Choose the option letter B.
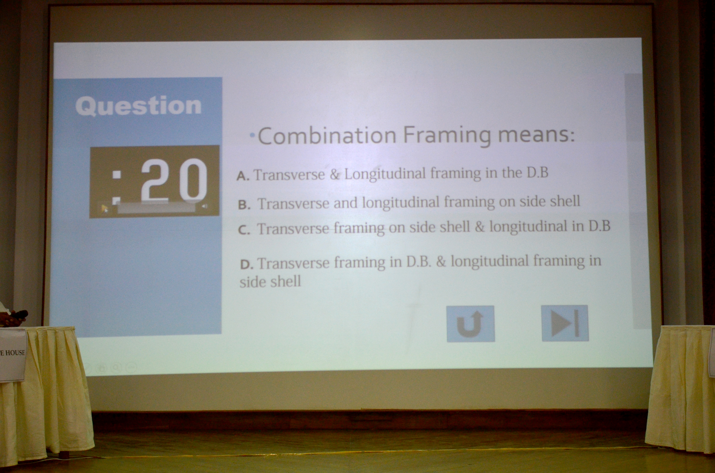[244, 205]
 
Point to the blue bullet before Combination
[252, 136]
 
